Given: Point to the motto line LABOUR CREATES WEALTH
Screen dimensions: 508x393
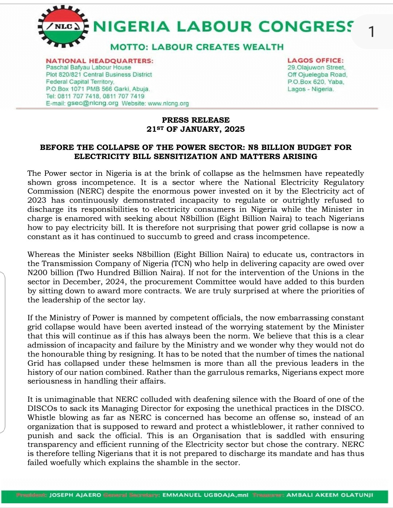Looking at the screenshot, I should [x=218, y=47].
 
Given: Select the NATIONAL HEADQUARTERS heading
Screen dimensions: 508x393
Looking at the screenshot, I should [x=99, y=61].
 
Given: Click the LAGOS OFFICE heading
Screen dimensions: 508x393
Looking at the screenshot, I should [x=315, y=60].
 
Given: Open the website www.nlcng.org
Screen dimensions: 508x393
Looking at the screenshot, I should [x=168, y=103].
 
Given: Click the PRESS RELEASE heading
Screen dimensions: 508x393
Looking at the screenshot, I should [x=196, y=120].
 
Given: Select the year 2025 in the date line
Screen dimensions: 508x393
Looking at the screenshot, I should [x=234, y=129].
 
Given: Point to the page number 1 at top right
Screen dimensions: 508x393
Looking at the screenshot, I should [x=371, y=32].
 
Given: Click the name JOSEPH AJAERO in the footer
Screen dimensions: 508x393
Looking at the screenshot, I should [x=75, y=495].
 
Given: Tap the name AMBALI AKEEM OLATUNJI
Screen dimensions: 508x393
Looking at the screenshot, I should [x=329, y=495].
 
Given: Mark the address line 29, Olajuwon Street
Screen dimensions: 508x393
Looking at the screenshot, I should [x=316, y=67].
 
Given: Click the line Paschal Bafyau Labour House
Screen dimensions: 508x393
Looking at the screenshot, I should [x=88, y=67].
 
